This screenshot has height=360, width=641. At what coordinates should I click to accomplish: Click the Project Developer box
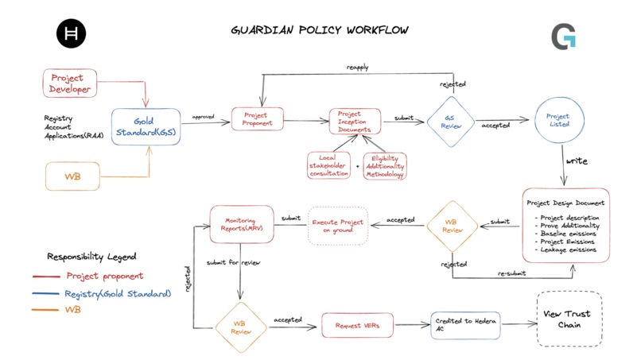[69, 83]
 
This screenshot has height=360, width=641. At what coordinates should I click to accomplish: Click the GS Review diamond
[448, 122]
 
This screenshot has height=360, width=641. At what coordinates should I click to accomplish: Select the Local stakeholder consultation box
[329, 165]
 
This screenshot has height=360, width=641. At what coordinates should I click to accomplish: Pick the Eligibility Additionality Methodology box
[384, 165]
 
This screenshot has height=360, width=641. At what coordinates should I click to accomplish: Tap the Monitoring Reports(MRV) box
[242, 223]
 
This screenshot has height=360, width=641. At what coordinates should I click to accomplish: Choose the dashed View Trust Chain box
[569, 319]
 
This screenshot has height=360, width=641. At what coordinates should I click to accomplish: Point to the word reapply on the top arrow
[357, 67]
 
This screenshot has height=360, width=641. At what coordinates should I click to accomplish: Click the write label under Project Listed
[577, 161]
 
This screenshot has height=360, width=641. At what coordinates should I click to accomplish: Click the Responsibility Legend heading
[91, 257]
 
